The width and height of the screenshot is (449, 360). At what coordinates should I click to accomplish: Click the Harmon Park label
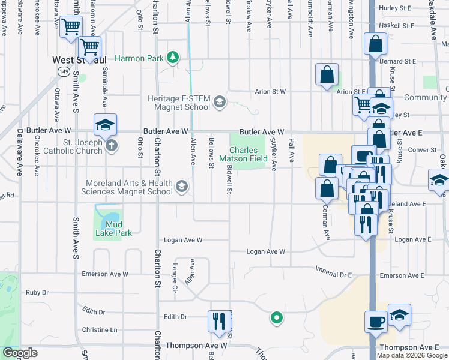139,58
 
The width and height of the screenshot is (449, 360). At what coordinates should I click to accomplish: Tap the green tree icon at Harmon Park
173,57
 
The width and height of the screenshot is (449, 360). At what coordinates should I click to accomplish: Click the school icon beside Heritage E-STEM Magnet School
219,102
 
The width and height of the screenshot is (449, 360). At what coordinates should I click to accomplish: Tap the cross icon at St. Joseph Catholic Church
111,145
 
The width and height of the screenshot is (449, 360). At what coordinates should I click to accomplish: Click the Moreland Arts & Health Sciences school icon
181,188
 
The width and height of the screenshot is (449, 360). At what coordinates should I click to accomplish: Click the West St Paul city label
79,60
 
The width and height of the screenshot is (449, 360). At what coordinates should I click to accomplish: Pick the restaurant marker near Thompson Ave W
217,320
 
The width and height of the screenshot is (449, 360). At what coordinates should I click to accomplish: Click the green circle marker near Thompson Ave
276,317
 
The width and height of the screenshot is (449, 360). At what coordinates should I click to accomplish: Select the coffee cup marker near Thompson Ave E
376,321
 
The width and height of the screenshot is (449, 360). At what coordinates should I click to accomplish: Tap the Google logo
20,353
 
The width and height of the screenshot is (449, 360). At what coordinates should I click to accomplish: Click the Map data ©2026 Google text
412,355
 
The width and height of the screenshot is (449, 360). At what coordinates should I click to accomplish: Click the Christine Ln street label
100,330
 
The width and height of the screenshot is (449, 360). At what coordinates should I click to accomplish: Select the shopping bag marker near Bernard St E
375,44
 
